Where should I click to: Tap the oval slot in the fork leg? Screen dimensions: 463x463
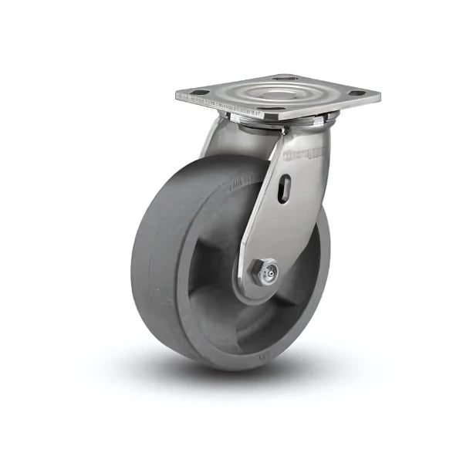click(284, 188)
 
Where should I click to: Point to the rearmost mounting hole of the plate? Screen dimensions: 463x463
click(282, 77)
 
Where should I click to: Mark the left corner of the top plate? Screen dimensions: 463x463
click(177, 97)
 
